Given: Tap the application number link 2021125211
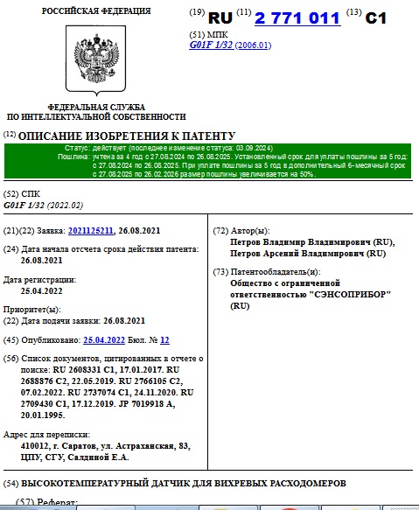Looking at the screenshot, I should click(x=92, y=231).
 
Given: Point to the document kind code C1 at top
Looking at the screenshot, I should click(x=375, y=17).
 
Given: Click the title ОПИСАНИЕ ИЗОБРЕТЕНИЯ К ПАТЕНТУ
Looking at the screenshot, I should click(x=127, y=136).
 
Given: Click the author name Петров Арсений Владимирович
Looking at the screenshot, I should click(x=307, y=254).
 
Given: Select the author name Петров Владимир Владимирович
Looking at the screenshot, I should click(x=311, y=242).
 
